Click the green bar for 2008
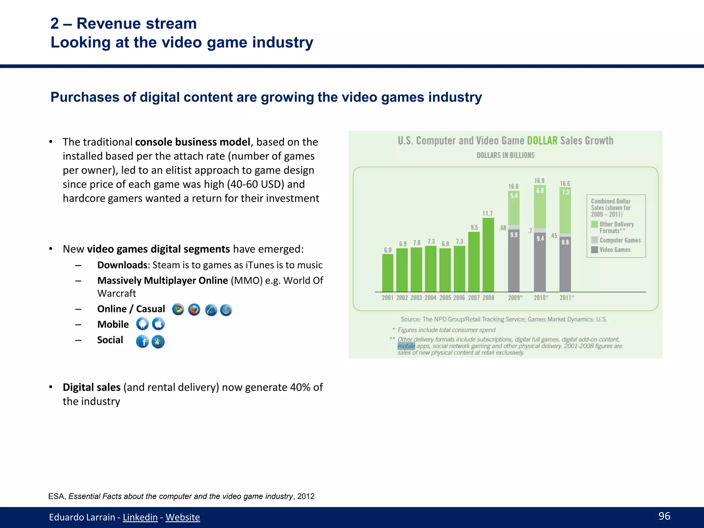pyautogui.click(x=488, y=255)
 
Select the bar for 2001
pyautogui.click(x=388, y=273)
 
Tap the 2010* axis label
pyautogui.click(x=541, y=298)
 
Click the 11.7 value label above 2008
pyautogui.click(x=487, y=213)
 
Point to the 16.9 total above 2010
pyautogui.click(x=539, y=180)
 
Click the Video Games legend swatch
pyautogui.click(x=594, y=250)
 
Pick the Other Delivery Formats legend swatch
pyautogui.click(x=594, y=224)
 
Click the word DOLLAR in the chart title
pyautogui.click(x=542, y=141)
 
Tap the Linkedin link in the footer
pyautogui.click(x=140, y=517)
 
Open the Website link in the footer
pyautogui.click(x=183, y=517)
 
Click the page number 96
pyautogui.click(x=664, y=516)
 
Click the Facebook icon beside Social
pyautogui.click(x=142, y=341)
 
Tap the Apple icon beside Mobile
pyautogui.click(x=158, y=324)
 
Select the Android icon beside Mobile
pyautogui.click(x=142, y=324)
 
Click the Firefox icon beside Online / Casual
pyautogui.click(x=194, y=310)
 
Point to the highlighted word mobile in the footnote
pyautogui.click(x=406, y=346)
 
